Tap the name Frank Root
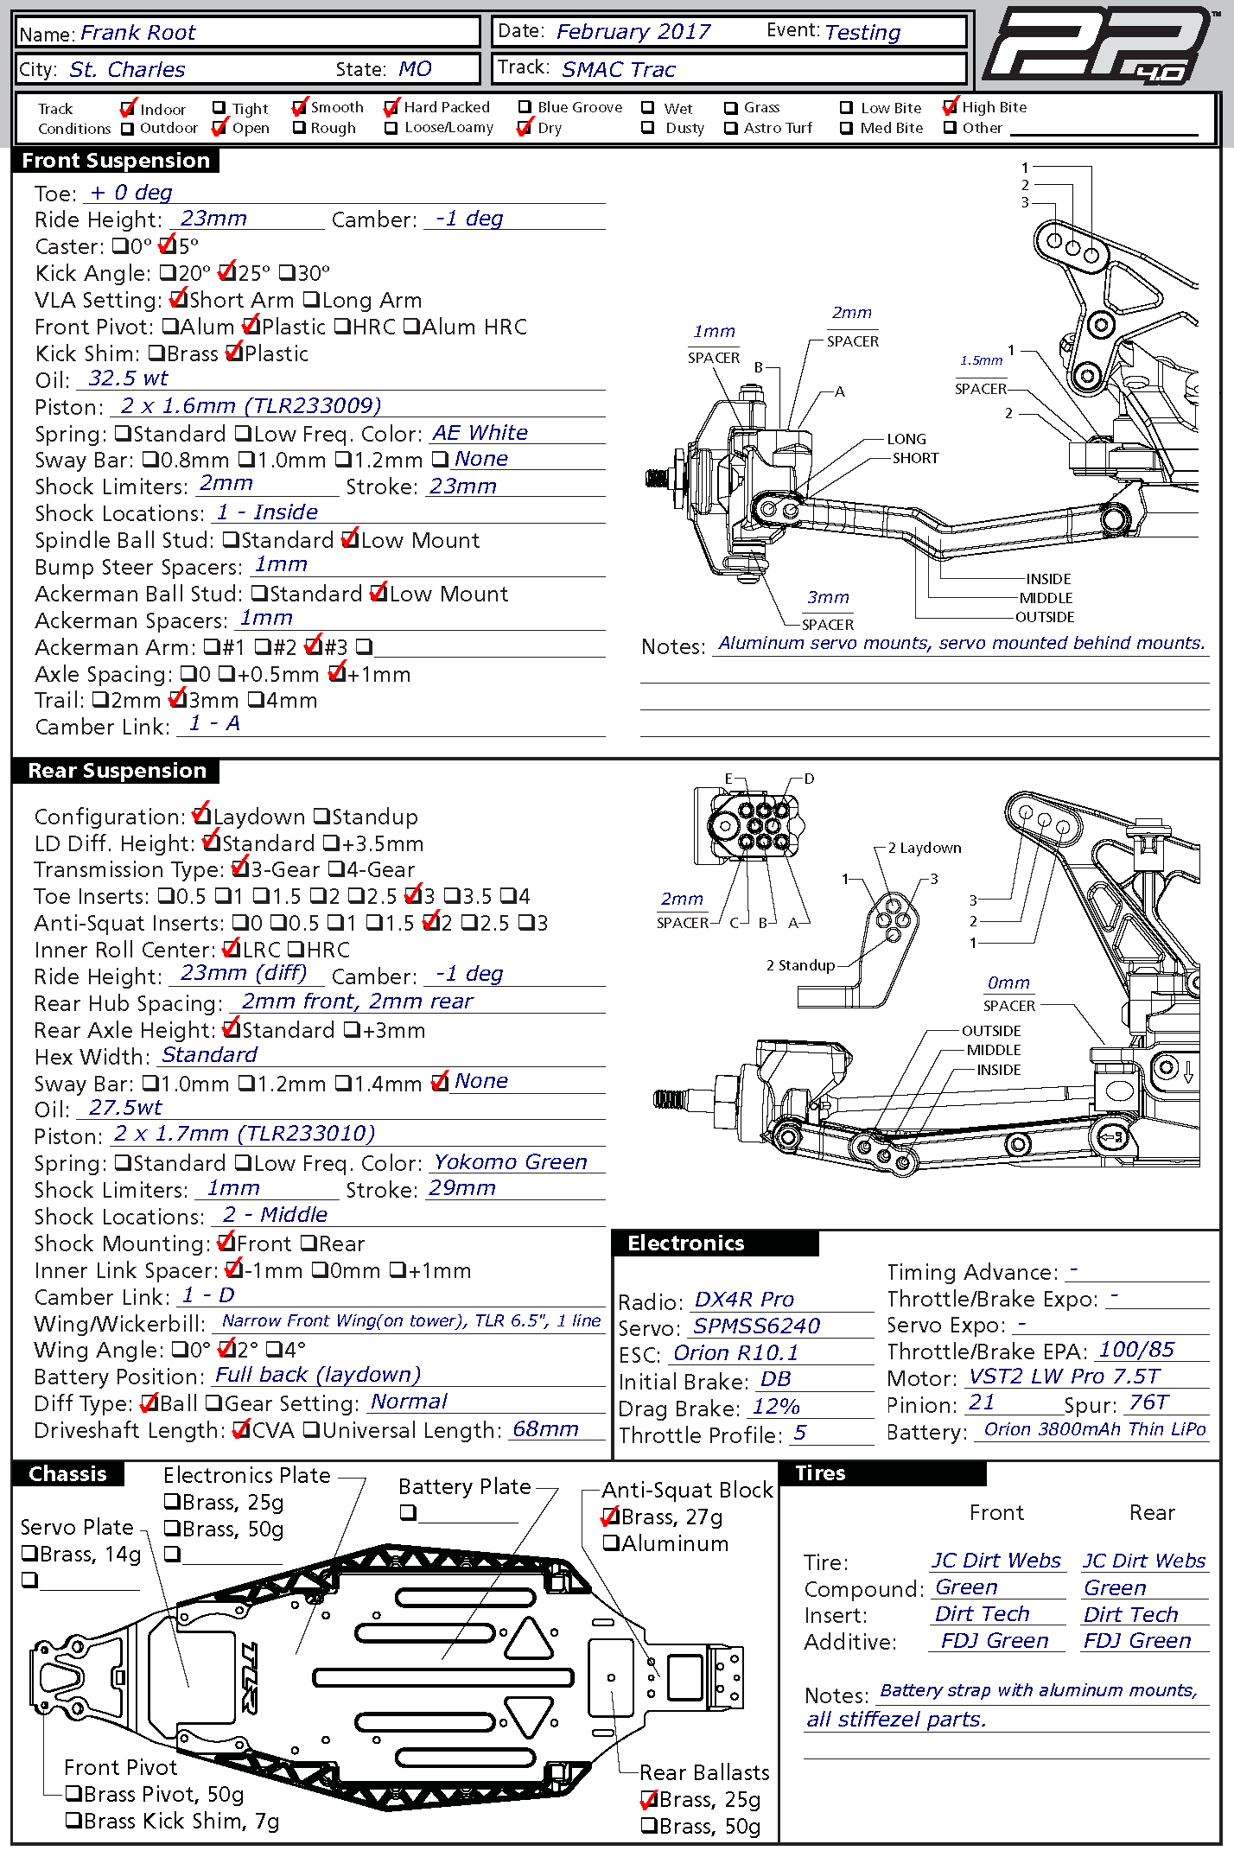pos(138,33)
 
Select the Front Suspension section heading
pos(116,161)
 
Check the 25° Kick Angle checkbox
pos(226,273)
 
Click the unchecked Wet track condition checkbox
pos(648,108)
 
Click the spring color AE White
pos(480,432)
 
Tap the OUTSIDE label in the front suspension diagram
pos(1045,617)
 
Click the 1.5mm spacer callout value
pos(981,360)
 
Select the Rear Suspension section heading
pos(117,771)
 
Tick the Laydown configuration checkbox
pos(200,816)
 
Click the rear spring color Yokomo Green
pos(510,1162)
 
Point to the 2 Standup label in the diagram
pos(800,965)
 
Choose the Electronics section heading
pos(686,1243)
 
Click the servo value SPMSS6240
pos(757,1326)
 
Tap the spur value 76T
pos(1148,1402)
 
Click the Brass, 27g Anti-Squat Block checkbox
pos(611,1517)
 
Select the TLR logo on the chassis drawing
pos(248,1676)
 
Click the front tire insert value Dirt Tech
pos(982,1614)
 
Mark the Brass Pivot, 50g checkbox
pos(73,1794)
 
